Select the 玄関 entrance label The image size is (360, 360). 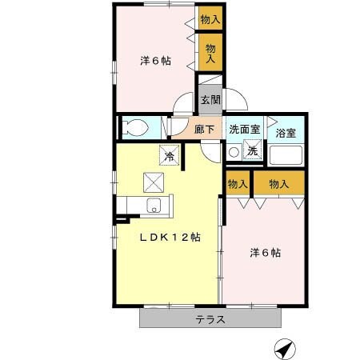click(210, 101)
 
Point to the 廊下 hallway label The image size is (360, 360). click(204, 129)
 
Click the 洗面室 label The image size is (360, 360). click(243, 129)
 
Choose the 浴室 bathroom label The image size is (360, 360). click(286, 130)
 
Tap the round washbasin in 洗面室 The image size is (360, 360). click(234, 151)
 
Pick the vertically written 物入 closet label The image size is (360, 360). click(211, 54)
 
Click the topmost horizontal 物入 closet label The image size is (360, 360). click(210, 19)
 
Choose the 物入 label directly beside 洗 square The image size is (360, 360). click(238, 184)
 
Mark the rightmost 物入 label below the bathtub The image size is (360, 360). click(279, 184)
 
